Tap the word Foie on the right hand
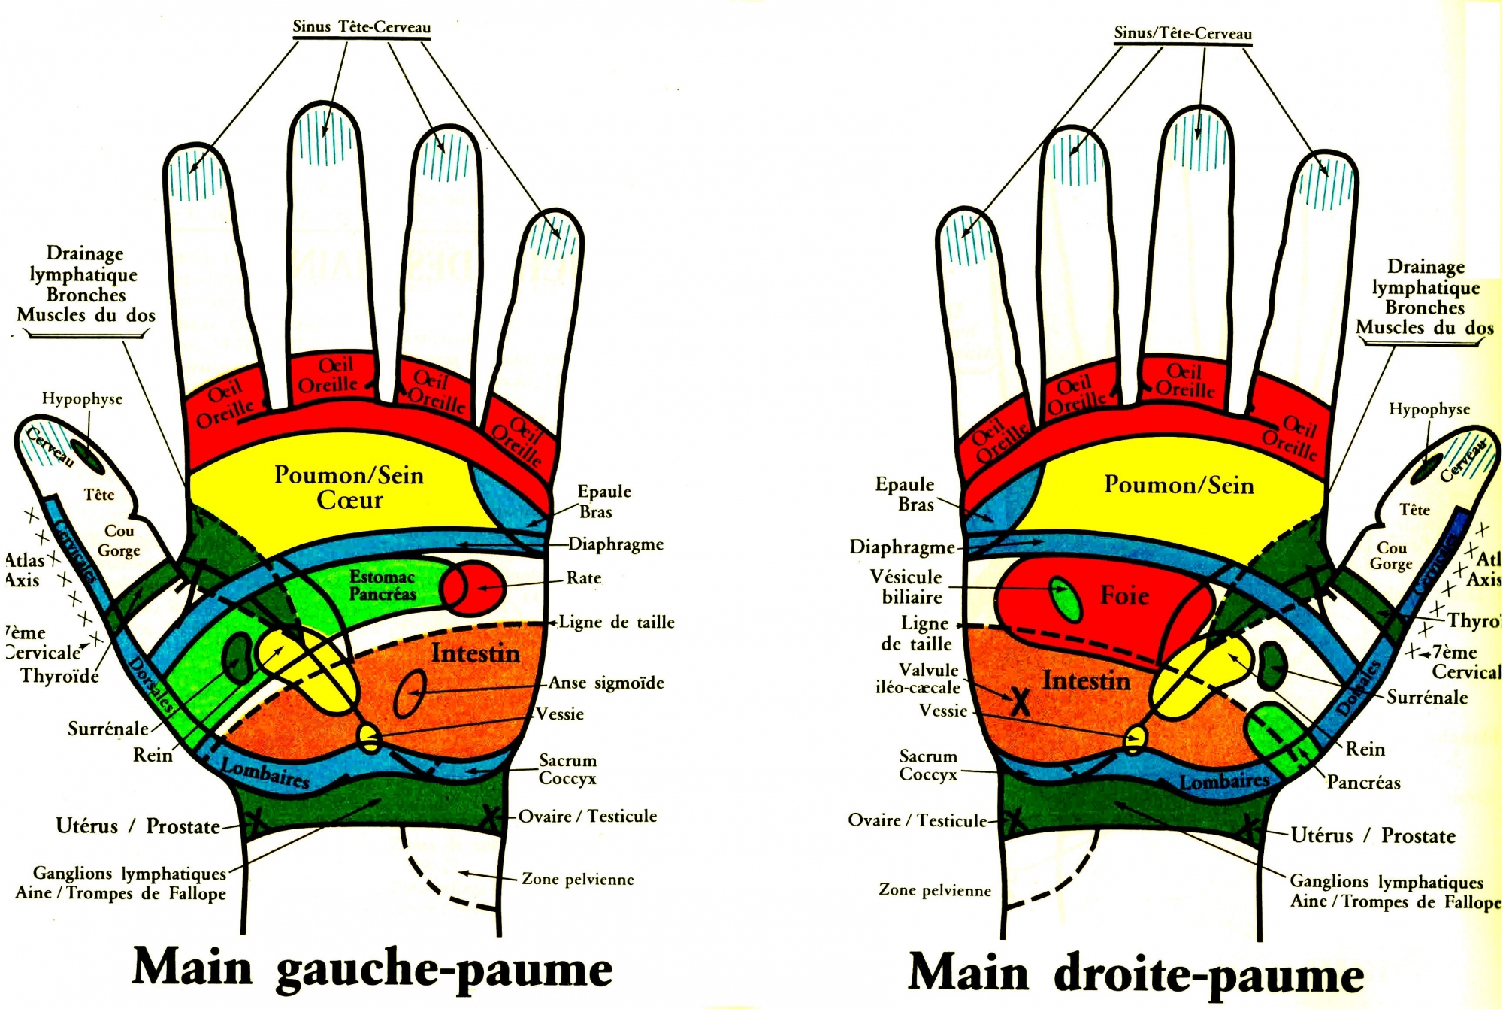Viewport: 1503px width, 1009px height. (x=1124, y=595)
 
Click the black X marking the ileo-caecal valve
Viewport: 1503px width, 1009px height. (x=1020, y=701)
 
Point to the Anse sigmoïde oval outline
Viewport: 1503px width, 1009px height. (x=410, y=693)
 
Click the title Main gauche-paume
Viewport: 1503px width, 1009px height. (x=372, y=968)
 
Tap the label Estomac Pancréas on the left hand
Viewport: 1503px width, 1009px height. (x=383, y=586)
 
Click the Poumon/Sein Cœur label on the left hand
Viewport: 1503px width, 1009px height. (x=349, y=487)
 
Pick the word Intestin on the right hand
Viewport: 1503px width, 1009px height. (x=1086, y=681)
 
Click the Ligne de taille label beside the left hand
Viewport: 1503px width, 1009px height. (x=616, y=623)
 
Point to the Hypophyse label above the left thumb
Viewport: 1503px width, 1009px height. (x=82, y=399)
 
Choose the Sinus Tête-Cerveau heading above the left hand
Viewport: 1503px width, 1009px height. (x=361, y=27)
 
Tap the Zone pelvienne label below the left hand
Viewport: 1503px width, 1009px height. (x=577, y=880)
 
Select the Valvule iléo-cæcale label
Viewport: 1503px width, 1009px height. (x=918, y=678)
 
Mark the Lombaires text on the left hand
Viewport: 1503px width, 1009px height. (x=265, y=773)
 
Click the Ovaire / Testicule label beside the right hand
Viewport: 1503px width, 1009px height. (x=917, y=820)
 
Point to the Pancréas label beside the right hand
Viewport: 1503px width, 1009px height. (x=1363, y=783)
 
